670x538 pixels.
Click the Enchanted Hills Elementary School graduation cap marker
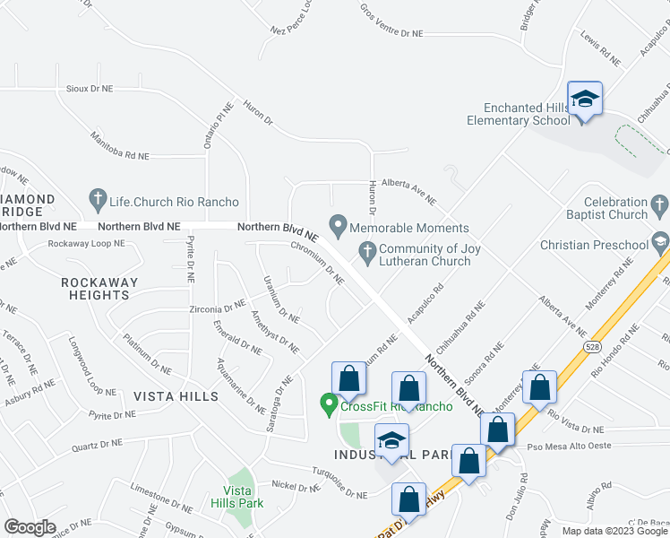point(585,99)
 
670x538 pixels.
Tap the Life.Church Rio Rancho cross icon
point(99,196)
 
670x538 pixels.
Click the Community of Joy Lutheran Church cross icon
point(366,255)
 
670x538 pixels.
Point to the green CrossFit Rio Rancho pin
point(329,405)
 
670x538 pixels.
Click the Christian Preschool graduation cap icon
point(660,240)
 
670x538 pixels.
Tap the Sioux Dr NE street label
point(90,90)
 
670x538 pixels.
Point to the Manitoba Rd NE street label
point(119,146)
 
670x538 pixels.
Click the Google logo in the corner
point(30,527)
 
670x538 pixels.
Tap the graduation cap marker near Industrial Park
point(391,441)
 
